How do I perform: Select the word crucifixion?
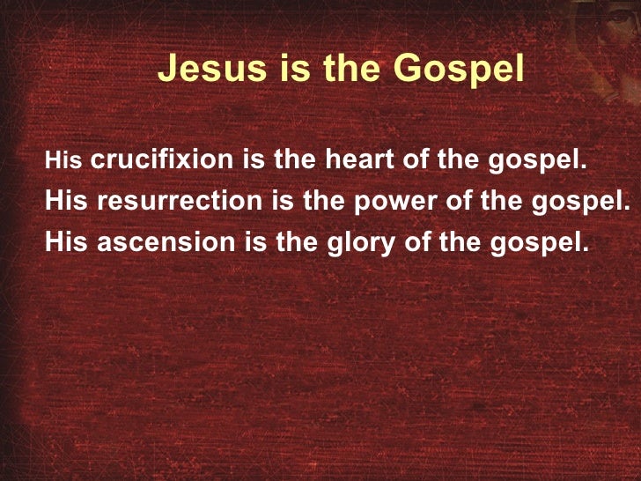[x=164, y=160]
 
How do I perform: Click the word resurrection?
[x=180, y=200]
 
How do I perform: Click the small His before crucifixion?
[x=64, y=161]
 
